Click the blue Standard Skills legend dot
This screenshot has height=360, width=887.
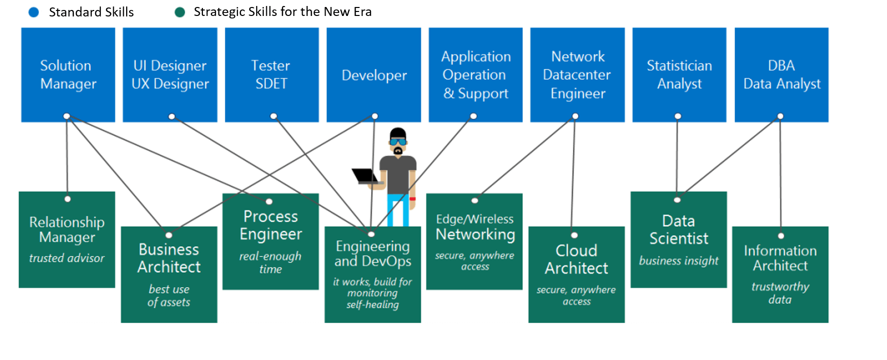tap(34, 12)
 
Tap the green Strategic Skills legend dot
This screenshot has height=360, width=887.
tap(180, 12)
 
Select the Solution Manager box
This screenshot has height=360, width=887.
tap(68, 75)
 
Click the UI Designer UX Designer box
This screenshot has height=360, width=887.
tap(170, 75)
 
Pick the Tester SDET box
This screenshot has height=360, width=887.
tap(272, 75)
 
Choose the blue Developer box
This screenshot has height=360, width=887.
tap(373, 75)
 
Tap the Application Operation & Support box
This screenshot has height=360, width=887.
tap(476, 75)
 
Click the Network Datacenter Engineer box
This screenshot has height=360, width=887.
tap(577, 75)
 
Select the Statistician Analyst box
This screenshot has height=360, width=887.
tap(679, 75)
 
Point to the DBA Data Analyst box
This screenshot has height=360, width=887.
tap(781, 75)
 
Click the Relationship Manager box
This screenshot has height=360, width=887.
tap(67, 240)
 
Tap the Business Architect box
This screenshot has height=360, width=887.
tap(169, 275)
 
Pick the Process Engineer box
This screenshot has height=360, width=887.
tap(271, 242)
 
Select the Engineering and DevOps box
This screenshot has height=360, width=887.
tap(372, 275)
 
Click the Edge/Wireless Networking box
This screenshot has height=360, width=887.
tap(474, 242)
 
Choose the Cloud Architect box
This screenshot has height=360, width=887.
tap(576, 275)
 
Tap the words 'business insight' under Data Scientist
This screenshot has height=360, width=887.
tap(679, 261)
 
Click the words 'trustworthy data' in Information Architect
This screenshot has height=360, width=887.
tap(780, 293)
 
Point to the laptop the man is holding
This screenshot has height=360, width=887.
tap(366, 176)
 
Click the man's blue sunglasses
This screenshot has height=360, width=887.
tap(397, 142)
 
